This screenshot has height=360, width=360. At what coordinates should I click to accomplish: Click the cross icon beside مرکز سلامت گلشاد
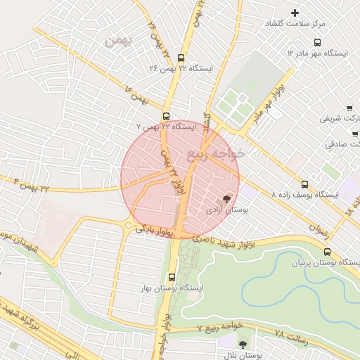click(x=295, y=13)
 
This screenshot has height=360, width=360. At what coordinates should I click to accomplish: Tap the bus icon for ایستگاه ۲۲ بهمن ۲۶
click(x=182, y=59)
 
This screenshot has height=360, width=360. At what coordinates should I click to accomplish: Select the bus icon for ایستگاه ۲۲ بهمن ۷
click(x=167, y=116)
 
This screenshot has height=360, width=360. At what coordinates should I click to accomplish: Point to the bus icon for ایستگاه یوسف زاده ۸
click(x=304, y=184)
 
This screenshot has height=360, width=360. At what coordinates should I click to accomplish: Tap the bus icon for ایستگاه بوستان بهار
click(x=172, y=277)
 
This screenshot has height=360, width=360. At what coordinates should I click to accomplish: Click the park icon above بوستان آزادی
click(x=226, y=199)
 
